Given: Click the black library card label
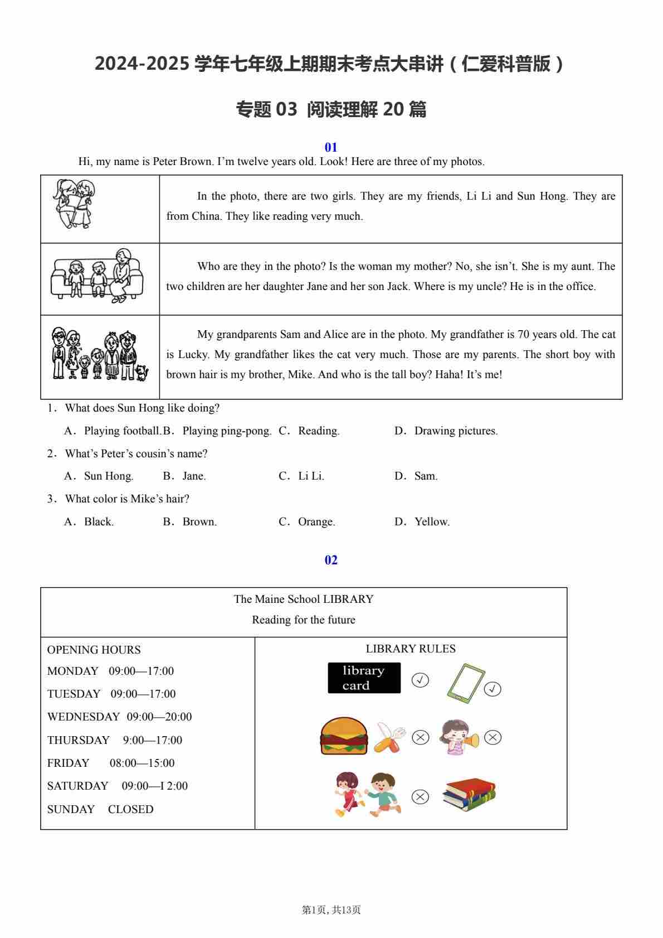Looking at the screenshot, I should (x=364, y=678).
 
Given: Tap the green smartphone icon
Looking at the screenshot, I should (x=465, y=681).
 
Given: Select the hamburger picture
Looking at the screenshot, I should (x=344, y=736).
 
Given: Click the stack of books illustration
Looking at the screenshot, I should (x=469, y=794).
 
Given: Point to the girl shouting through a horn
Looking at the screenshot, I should (x=459, y=737).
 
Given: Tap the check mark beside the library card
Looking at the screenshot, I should (x=420, y=680).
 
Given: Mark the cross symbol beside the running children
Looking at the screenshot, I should (x=420, y=797).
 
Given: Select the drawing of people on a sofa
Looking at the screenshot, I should (x=97, y=277).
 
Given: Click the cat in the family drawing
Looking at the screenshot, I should (x=143, y=372).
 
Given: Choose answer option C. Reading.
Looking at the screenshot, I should (x=309, y=431).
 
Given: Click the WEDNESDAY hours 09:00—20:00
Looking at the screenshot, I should (x=159, y=717).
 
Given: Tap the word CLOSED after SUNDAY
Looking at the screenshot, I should (x=130, y=810).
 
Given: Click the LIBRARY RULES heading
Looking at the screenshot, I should (x=411, y=649).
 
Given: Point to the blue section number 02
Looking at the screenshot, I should (x=331, y=560).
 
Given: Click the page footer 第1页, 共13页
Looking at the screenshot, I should (x=331, y=910).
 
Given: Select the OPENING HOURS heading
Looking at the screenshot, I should (x=94, y=650).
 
